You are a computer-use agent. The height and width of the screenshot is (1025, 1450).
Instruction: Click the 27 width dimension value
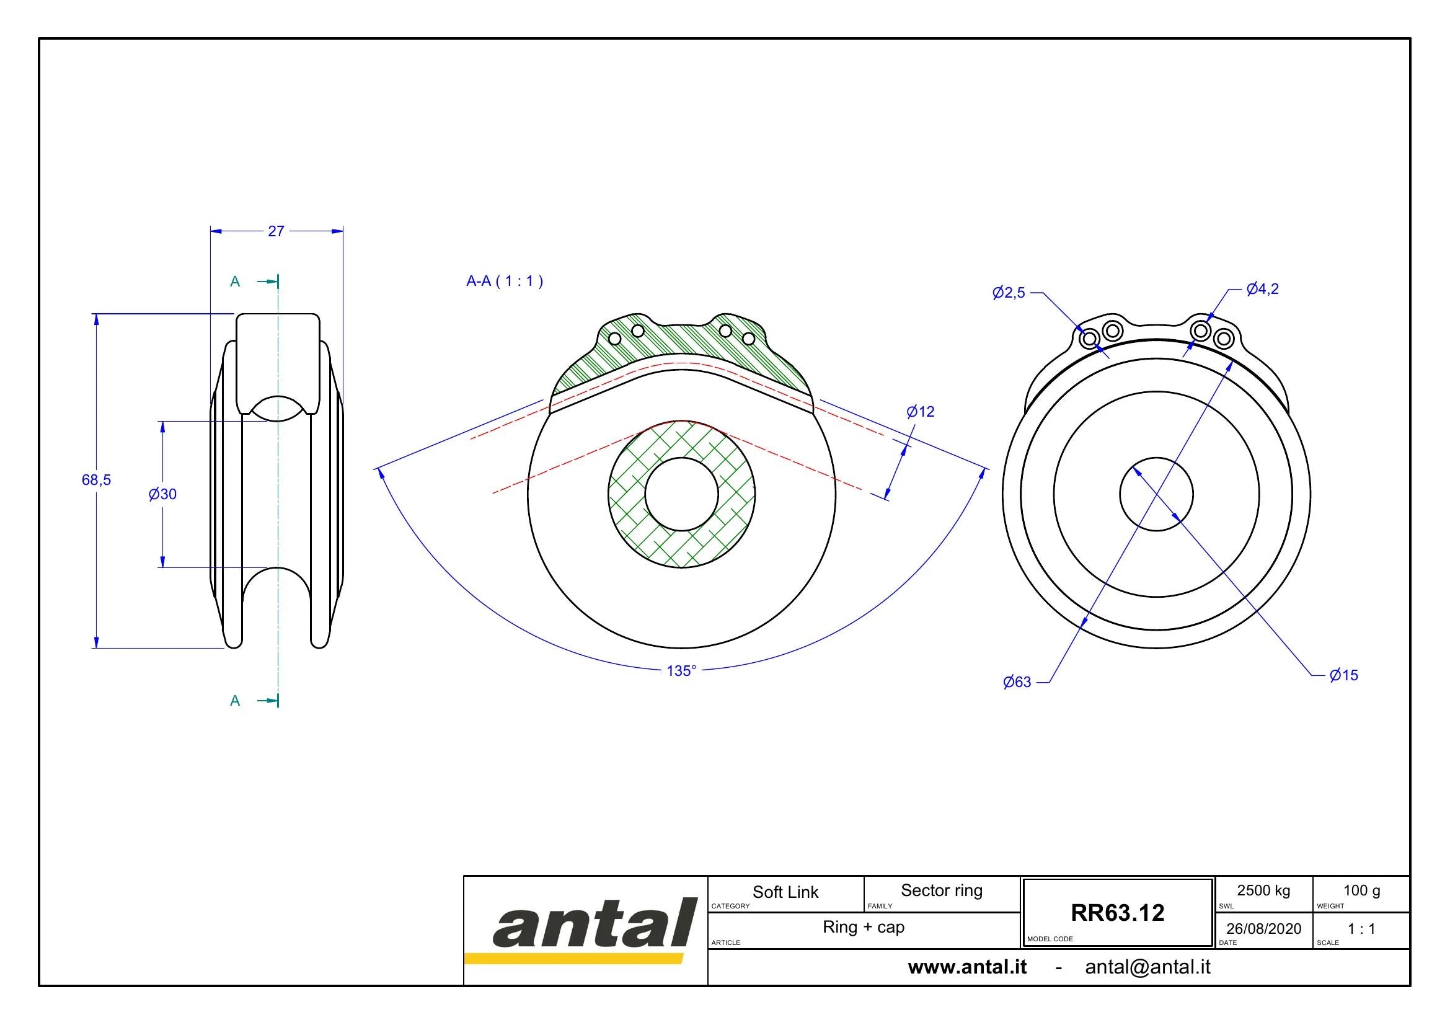pyautogui.click(x=276, y=231)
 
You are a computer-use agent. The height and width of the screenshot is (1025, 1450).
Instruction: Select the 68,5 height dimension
pyautogui.click(x=96, y=480)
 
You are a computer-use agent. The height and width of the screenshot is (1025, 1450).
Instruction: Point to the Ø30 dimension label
pyautogui.click(x=162, y=494)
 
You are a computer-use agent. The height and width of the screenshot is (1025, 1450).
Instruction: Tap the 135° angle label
pyautogui.click(x=681, y=671)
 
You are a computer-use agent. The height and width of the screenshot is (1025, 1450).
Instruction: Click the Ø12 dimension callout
pyautogui.click(x=920, y=412)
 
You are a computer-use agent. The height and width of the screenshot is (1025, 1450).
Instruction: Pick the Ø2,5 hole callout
pyautogui.click(x=1009, y=293)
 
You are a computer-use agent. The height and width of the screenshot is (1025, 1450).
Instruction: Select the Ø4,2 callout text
pyautogui.click(x=1262, y=289)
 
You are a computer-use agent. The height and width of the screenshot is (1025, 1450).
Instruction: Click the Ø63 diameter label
pyautogui.click(x=1017, y=682)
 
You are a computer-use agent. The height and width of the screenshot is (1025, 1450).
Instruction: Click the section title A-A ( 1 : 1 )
pyautogui.click(x=505, y=281)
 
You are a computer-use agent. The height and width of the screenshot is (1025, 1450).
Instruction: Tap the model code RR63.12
pyautogui.click(x=1117, y=913)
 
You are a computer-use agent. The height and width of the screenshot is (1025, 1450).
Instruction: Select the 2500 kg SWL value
pyautogui.click(x=1263, y=890)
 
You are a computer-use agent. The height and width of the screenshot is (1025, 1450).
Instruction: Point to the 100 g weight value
pyautogui.click(x=1361, y=890)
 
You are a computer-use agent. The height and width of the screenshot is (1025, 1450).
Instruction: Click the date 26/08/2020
pyautogui.click(x=1263, y=928)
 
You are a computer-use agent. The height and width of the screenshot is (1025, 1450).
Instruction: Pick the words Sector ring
pyautogui.click(x=942, y=890)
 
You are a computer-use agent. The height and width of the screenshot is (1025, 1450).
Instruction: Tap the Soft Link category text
pyautogui.click(x=785, y=892)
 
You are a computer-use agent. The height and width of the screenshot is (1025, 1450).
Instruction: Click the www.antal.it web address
pyautogui.click(x=967, y=967)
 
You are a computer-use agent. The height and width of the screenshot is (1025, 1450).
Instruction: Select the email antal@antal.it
pyautogui.click(x=1147, y=967)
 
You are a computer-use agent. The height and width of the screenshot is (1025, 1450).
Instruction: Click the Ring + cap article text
pyautogui.click(x=864, y=927)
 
